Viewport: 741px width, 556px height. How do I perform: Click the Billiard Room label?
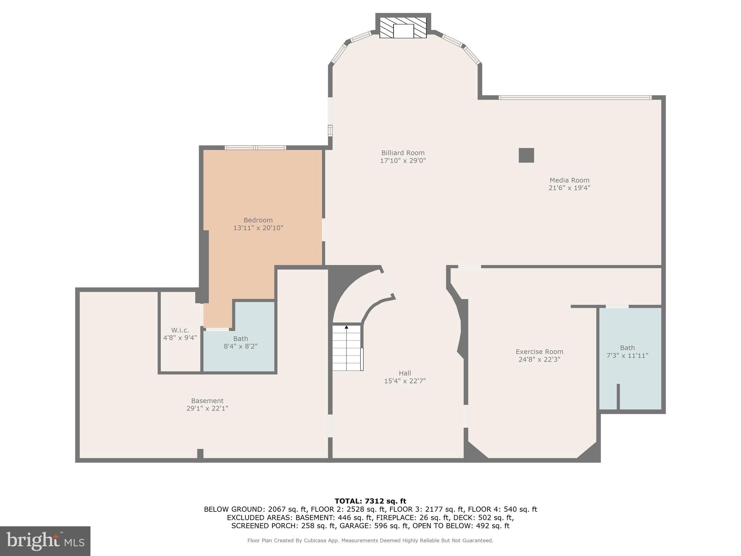403,153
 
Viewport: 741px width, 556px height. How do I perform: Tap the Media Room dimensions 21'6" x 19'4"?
569,188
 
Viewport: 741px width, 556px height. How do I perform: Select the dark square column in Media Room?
526,155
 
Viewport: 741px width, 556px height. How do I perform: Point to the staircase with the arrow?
347,348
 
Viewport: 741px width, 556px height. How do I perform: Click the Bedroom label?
258,220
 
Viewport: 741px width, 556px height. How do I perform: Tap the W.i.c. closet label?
180,330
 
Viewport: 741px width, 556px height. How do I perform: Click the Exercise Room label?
539,351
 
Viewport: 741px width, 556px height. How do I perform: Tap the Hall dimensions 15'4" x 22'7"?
405,381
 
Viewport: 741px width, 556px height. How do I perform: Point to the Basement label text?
207,401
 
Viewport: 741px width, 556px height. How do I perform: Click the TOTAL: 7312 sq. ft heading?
370,501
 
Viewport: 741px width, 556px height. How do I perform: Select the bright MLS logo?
45,541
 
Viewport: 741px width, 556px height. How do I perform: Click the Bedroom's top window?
255,147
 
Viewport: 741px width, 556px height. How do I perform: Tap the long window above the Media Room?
575,97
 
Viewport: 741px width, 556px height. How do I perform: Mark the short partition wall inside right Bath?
618,397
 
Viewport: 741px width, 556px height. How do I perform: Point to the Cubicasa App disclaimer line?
370,540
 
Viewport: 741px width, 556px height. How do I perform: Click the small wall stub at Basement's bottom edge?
200,454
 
